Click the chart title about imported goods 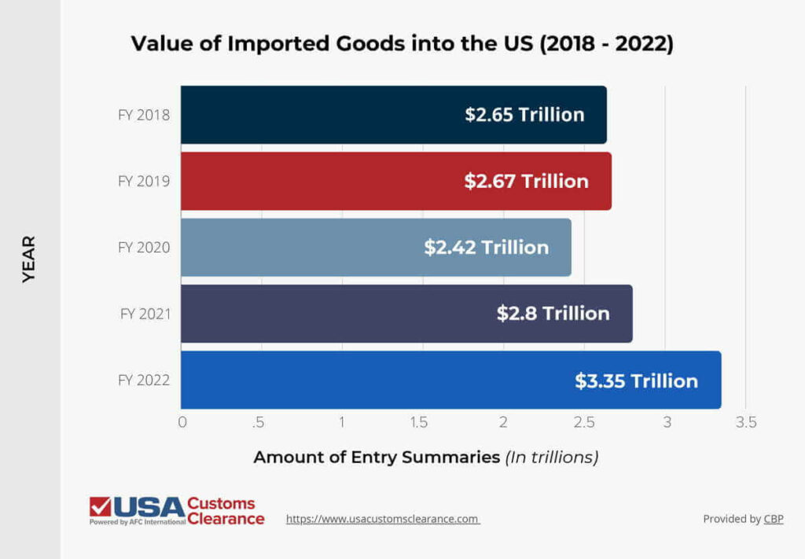point(402,44)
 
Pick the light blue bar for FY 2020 point(314,247)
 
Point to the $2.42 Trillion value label point(486,248)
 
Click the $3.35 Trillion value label point(636,381)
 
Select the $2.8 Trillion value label point(553,314)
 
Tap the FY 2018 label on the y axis point(144,115)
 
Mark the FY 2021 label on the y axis point(145,314)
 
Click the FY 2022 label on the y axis point(144,381)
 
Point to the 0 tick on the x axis point(182,423)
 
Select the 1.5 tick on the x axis point(418,423)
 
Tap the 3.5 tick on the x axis point(745,423)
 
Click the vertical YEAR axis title point(29,259)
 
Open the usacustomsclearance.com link point(382,519)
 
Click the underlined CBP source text point(774,519)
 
